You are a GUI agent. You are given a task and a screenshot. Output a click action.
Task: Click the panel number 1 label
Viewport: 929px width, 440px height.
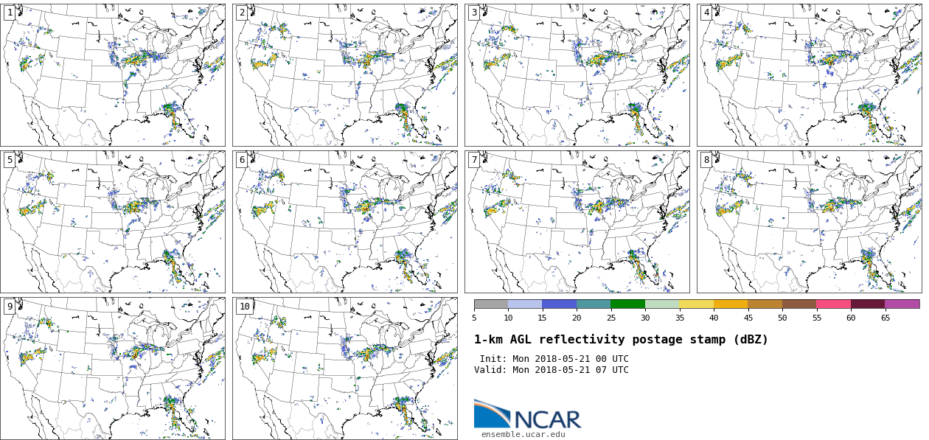10,13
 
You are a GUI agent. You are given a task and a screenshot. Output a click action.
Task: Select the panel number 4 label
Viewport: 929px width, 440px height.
706,13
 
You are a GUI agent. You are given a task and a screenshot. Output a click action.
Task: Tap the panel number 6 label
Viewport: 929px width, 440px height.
242,160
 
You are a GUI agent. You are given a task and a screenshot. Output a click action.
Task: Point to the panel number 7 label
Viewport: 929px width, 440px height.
474,160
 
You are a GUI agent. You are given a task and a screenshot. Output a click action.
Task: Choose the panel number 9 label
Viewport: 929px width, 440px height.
10,307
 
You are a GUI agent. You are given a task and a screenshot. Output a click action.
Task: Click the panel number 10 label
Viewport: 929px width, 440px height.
244,307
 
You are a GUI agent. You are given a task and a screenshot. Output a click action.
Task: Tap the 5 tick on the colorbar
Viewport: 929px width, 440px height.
474,318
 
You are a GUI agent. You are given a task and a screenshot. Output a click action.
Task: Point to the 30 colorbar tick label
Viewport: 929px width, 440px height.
645,318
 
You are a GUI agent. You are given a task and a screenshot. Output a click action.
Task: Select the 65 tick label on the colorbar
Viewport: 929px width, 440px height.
885,318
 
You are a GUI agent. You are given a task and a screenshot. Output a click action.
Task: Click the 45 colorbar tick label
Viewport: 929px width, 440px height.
748,318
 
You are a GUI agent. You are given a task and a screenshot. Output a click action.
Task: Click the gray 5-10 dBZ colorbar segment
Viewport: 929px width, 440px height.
491,304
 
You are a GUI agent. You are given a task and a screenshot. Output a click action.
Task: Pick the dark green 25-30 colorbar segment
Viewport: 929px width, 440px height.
627,304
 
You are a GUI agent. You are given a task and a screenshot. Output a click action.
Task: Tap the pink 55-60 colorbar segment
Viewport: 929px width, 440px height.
833,304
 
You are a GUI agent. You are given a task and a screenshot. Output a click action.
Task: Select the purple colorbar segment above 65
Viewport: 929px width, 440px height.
902,304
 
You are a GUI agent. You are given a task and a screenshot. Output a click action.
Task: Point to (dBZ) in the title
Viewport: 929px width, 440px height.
750,340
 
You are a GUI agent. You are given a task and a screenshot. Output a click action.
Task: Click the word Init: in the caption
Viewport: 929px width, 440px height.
493,359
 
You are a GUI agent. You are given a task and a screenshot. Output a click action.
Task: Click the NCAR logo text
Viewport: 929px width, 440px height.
547,419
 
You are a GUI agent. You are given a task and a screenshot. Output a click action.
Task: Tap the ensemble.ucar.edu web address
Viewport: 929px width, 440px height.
523,435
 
